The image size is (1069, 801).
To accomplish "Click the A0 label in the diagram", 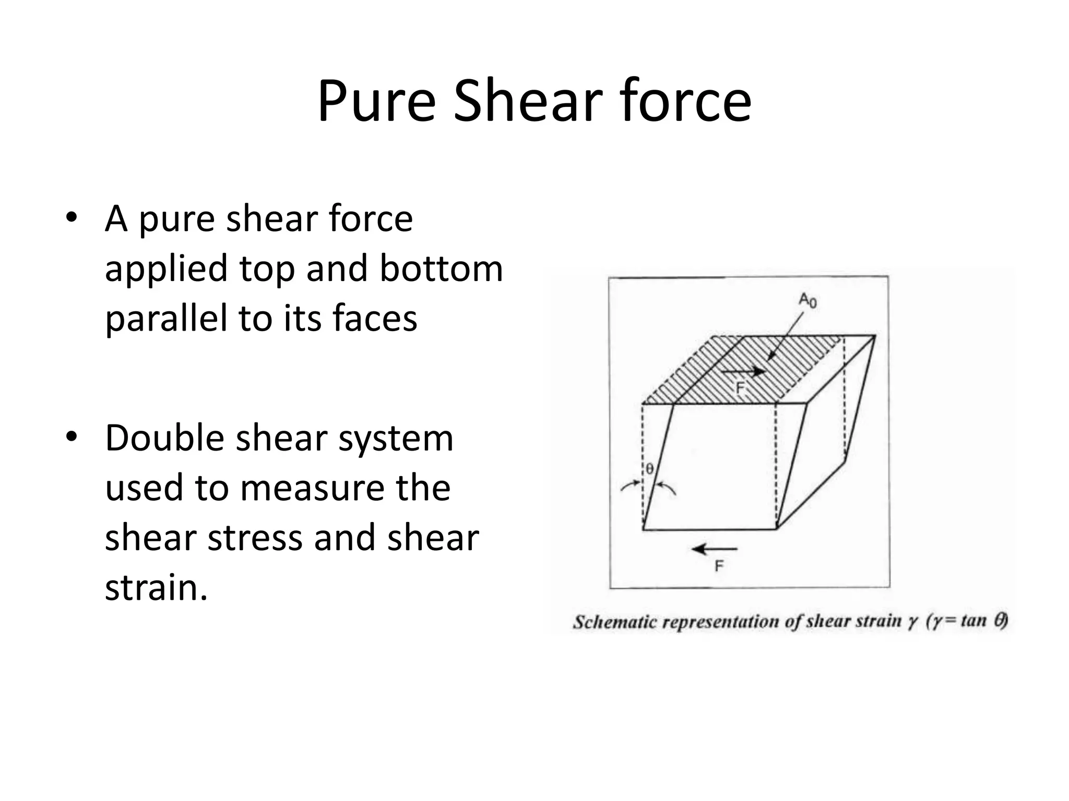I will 808,300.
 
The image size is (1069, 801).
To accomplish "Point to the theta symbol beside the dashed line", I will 649,469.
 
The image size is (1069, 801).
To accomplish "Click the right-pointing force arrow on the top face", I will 744,372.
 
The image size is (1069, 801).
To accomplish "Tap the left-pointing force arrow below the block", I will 714,549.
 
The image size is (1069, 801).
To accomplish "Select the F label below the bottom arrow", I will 719,566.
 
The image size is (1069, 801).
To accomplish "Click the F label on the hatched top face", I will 740,388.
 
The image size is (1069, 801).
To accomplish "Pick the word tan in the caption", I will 973,620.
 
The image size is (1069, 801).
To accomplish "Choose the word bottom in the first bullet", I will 441,269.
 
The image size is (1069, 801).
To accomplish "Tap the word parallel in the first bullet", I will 167,319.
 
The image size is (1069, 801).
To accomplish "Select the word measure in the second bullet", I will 313,488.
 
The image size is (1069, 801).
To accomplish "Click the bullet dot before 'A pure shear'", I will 72,217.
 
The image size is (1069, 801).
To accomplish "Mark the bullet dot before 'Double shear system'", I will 72,436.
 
